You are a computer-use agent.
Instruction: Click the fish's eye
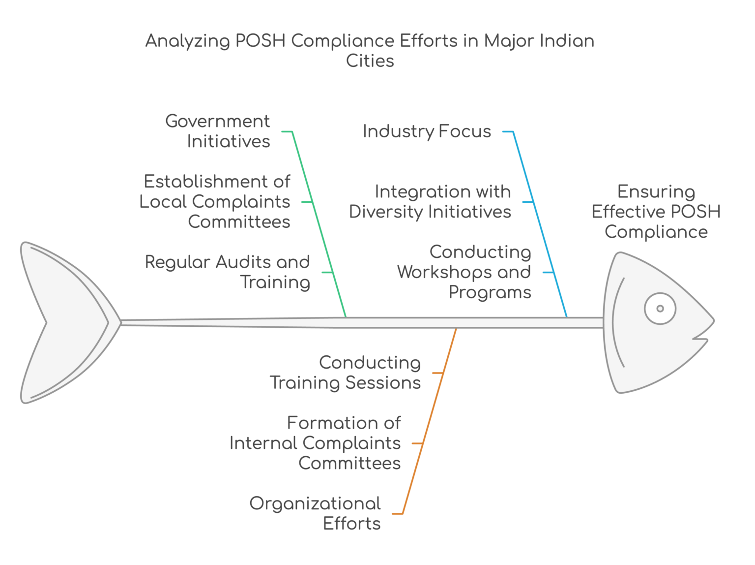tap(660, 309)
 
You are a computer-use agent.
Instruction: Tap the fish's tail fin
tap(69, 322)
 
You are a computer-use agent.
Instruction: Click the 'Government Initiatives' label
tap(218, 131)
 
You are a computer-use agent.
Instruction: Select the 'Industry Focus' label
tap(427, 131)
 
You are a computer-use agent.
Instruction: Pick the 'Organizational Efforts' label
tap(315, 513)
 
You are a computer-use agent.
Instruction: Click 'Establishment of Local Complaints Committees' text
tap(215, 201)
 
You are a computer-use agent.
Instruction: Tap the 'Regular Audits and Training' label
tap(228, 272)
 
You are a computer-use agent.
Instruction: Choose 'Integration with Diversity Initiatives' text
tap(430, 201)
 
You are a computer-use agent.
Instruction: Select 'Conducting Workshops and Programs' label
tap(465, 272)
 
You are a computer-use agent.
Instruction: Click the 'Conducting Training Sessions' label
tap(346, 373)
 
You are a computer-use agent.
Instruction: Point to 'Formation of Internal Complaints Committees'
tap(316, 443)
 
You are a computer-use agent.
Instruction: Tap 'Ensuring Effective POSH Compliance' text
tap(656, 212)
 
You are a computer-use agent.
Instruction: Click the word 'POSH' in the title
tap(261, 40)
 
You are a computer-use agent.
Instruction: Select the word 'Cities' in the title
tap(370, 61)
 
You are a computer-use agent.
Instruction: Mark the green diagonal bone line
tap(319, 221)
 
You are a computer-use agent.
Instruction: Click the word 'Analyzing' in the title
tap(187, 40)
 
